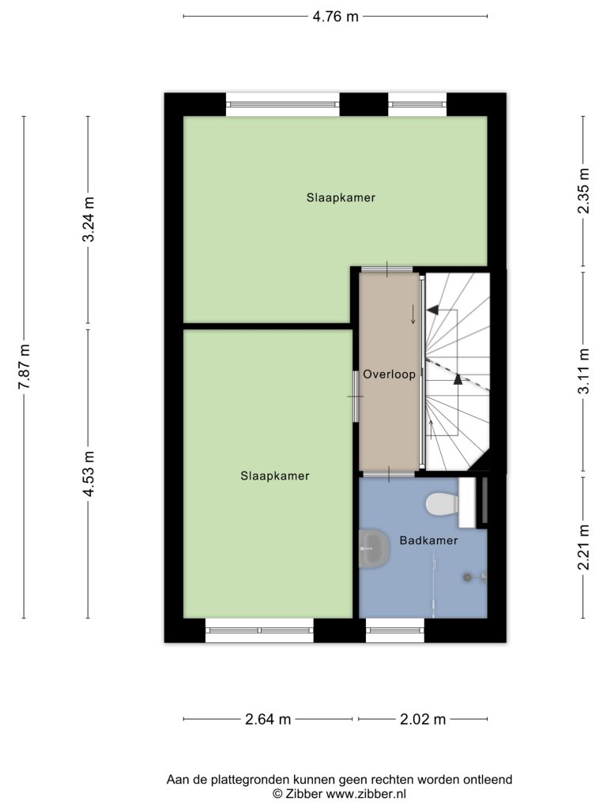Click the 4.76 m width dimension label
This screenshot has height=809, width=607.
pyautogui.click(x=335, y=17)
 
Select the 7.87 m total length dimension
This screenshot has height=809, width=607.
pyautogui.click(x=25, y=367)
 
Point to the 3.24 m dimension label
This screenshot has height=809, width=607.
pyautogui.click(x=89, y=220)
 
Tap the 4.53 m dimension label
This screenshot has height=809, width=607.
pyautogui.click(x=89, y=473)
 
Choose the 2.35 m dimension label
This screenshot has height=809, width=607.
pyautogui.click(x=583, y=191)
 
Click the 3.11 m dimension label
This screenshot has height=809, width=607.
pyautogui.click(x=583, y=371)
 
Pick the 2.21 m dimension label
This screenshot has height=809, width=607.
pyautogui.click(x=583, y=547)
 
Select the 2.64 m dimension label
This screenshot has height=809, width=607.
pyautogui.click(x=268, y=719)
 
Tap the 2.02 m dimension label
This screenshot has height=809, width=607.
pyautogui.click(x=423, y=719)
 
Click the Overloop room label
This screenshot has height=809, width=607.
pyautogui.click(x=389, y=374)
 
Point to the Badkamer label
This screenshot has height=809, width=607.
pyautogui.click(x=428, y=540)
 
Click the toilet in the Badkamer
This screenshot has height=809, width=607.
pyautogui.click(x=443, y=503)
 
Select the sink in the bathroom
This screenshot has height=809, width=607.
pyautogui.click(x=374, y=549)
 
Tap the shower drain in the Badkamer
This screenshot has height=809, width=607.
pyautogui.click(x=468, y=578)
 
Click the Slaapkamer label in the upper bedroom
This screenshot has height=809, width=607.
pyautogui.click(x=341, y=198)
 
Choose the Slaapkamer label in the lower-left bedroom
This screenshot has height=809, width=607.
pyautogui.click(x=274, y=476)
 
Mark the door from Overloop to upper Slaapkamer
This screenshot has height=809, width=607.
pyautogui.click(x=386, y=269)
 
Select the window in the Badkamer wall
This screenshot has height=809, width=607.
pyautogui.click(x=395, y=630)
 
